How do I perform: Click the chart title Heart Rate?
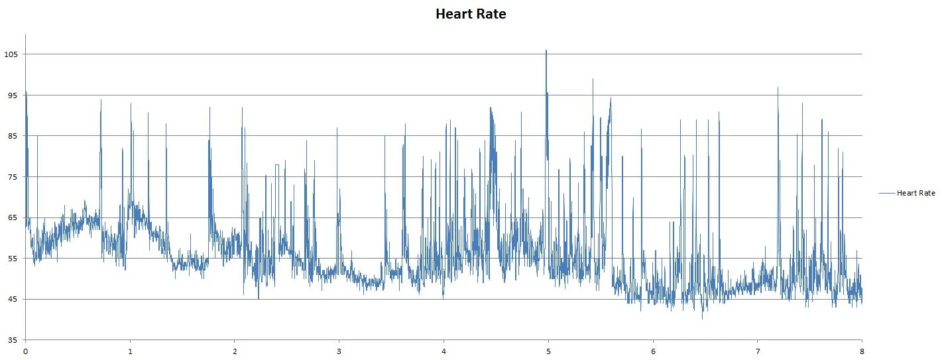(x=471, y=14)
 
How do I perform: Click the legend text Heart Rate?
(x=915, y=193)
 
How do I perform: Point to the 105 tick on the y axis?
(x=11, y=54)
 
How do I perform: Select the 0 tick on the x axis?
(x=25, y=351)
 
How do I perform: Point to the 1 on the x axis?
(x=130, y=351)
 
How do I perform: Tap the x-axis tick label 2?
(x=235, y=351)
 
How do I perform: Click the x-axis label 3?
(x=339, y=351)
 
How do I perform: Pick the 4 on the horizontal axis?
(x=443, y=351)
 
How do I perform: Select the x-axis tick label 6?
(x=653, y=351)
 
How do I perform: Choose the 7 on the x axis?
(x=757, y=351)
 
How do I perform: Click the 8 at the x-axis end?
(x=862, y=351)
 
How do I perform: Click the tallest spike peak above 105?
(x=546, y=50)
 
